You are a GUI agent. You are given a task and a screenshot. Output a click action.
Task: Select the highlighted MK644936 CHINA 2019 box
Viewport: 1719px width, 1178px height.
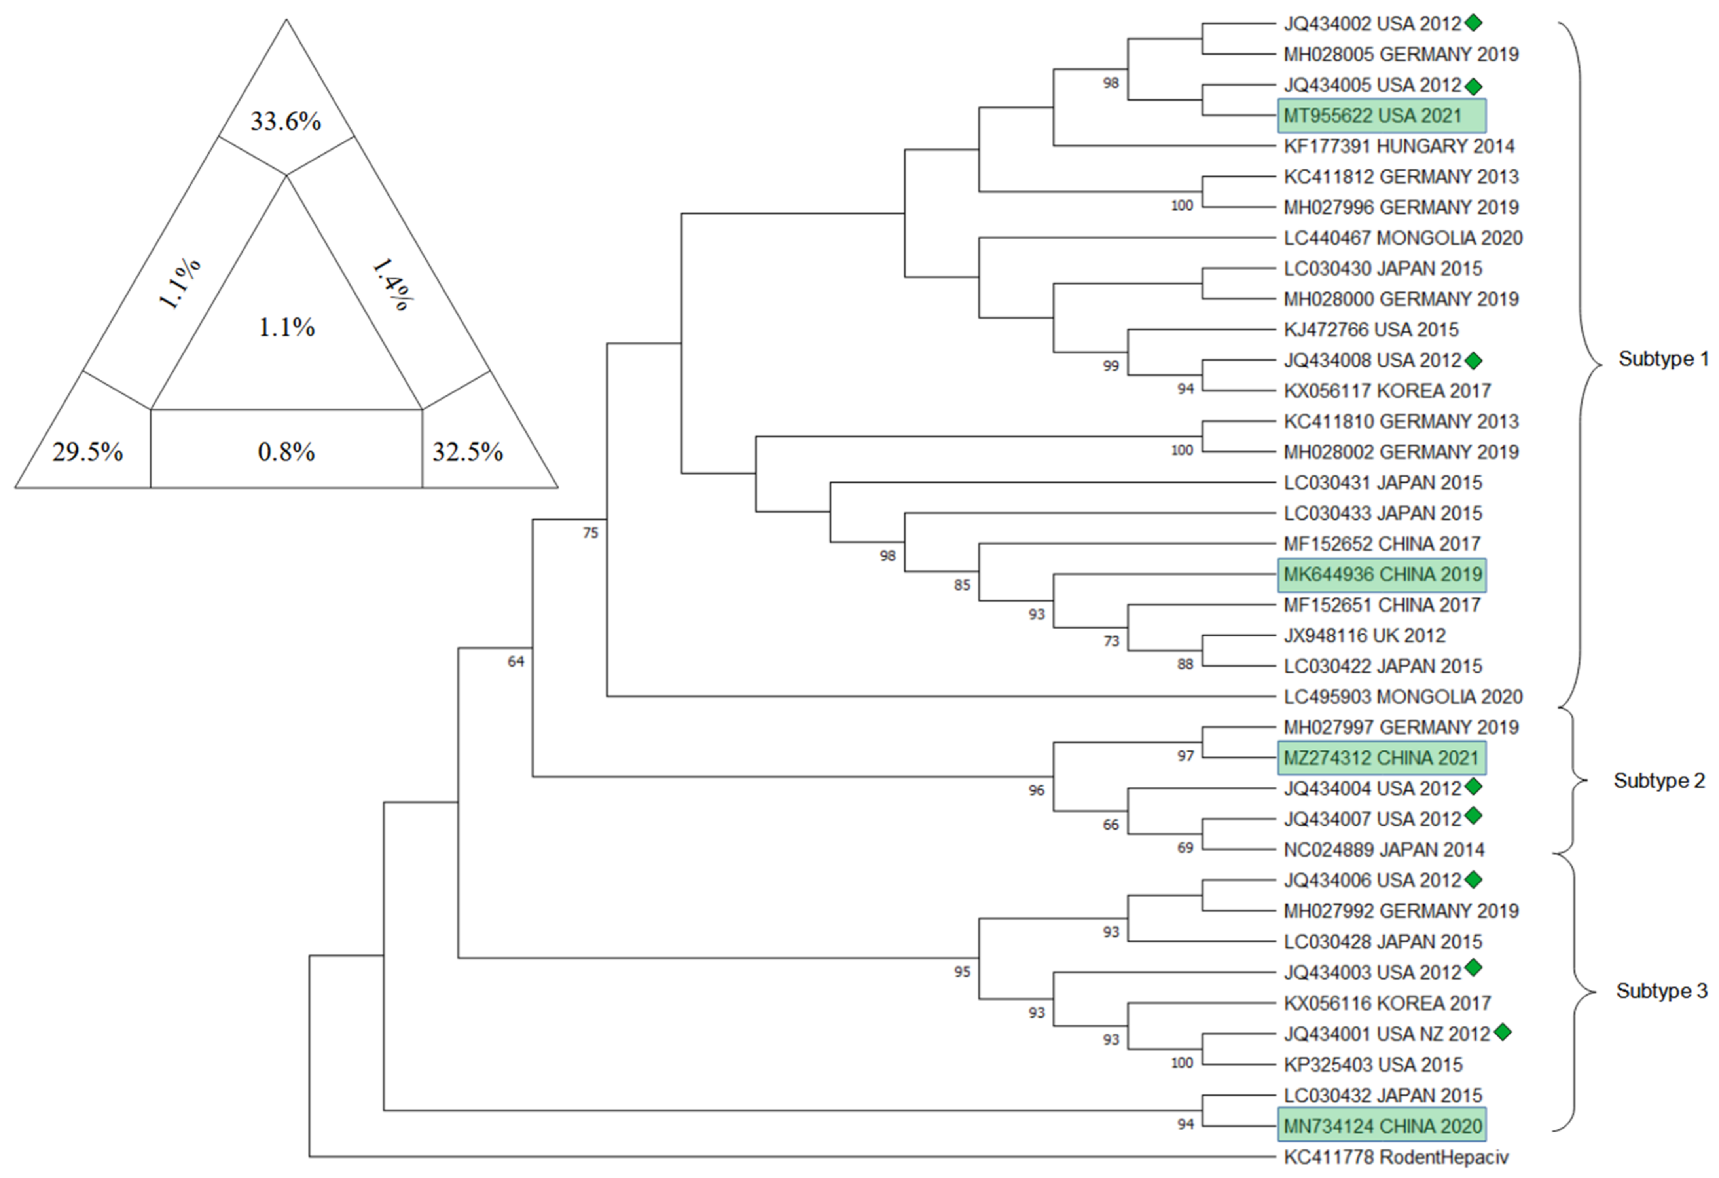pos(1382,575)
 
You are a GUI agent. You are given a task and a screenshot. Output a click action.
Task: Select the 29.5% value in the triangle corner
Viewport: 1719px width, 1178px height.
pos(87,451)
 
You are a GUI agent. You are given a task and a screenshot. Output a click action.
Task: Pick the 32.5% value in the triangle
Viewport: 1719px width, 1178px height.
pos(468,451)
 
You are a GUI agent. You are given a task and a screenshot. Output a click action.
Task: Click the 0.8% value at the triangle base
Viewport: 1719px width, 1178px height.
pos(286,451)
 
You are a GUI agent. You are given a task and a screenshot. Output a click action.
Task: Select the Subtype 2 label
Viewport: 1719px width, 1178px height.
pos(1659,781)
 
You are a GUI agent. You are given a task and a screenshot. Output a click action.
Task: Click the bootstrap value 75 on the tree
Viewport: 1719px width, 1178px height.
pos(589,533)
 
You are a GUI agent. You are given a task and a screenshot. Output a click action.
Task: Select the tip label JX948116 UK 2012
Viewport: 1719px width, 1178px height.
pos(1364,636)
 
